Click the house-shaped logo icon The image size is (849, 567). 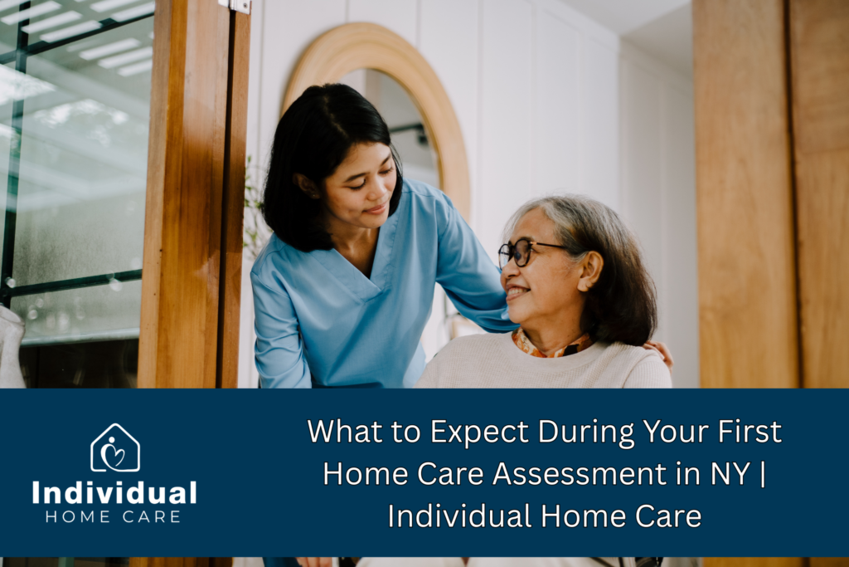(x=115, y=447)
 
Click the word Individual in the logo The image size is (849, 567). (x=114, y=493)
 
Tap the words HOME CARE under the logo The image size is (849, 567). (x=113, y=516)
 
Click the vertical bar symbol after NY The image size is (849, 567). (x=763, y=474)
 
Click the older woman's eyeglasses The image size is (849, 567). (x=528, y=252)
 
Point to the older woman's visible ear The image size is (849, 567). (x=590, y=271)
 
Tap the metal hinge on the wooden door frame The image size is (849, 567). (x=235, y=6)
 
